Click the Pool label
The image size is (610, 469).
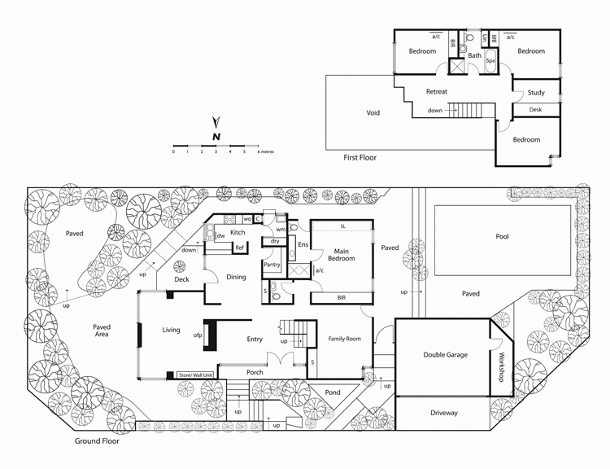click(502, 236)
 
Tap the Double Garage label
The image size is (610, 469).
click(446, 355)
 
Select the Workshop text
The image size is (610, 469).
click(502, 367)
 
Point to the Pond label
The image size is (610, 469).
click(333, 392)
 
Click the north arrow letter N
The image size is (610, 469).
click(216, 137)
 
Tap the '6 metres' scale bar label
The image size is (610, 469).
click(266, 151)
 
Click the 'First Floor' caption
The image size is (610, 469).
click(359, 158)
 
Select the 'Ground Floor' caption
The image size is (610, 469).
click(97, 441)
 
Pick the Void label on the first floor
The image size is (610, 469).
click(373, 113)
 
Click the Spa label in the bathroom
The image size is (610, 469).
click(490, 61)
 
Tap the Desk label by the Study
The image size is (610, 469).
click(535, 110)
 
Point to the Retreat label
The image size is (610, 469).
click(437, 91)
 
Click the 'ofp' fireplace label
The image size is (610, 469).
click(198, 335)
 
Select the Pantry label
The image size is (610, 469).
click(272, 265)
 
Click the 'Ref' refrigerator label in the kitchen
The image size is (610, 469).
click(240, 248)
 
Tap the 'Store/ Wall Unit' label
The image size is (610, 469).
click(196, 375)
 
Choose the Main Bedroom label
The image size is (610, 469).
click(341, 255)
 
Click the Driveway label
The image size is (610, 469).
click(444, 413)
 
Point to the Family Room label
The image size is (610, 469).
click(344, 339)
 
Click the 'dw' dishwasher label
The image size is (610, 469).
click(221, 235)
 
